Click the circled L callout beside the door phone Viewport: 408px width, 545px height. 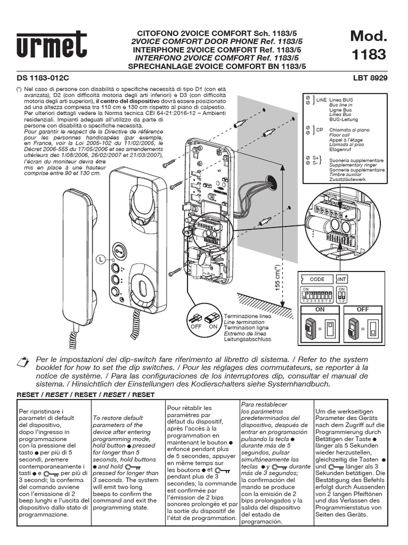point(100,259)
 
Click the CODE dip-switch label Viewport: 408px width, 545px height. point(317,279)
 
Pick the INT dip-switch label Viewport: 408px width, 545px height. point(343,279)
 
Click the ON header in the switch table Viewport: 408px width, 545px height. point(320,308)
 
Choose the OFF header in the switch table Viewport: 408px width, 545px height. point(363,308)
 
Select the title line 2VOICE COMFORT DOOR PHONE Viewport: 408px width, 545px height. point(216,40)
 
